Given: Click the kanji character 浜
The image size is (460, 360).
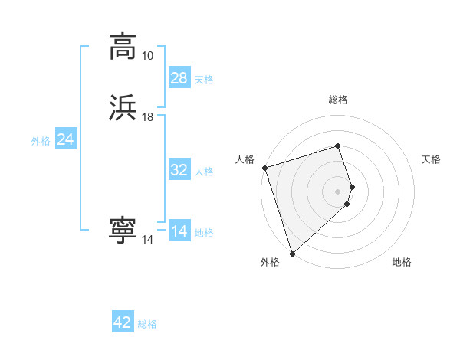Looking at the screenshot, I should [123, 108].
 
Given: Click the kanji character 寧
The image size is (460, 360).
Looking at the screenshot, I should [123, 231].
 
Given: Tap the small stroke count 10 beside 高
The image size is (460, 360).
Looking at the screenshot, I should [147, 56].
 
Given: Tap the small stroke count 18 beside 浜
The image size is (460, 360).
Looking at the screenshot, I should [147, 116].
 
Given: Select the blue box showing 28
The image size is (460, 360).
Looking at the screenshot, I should [179, 77].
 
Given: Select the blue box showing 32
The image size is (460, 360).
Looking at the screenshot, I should [179, 170].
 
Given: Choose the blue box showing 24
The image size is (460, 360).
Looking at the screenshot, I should [66, 139].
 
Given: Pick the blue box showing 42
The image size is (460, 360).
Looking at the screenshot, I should [123, 322].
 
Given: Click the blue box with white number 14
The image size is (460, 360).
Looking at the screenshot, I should [179, 231].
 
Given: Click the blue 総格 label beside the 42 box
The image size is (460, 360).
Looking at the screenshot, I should [147, 324].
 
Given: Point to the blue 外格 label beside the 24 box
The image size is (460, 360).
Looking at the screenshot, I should [41, 141].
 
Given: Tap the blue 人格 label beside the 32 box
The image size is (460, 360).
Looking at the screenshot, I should [205, 172].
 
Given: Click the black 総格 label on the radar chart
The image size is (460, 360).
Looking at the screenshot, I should [338, 100].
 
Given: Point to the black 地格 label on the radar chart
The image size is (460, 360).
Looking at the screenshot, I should [402, 263].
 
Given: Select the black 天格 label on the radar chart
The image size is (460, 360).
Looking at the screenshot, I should [432, 159].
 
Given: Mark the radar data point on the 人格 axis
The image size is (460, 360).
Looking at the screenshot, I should [264, 168].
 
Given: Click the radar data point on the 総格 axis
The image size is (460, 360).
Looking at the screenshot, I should [338, 146].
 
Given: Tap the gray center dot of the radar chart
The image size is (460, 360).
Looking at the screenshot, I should [338, 191].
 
